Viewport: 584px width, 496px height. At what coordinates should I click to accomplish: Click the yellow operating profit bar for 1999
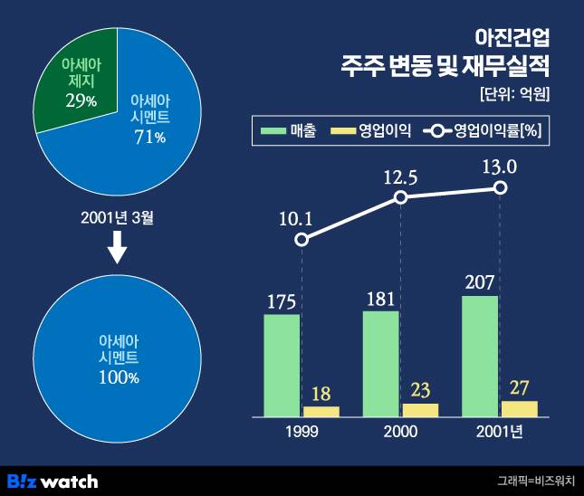click(x=321, y=411)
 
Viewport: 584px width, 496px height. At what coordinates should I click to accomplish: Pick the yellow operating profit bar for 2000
click(x=420, y=409)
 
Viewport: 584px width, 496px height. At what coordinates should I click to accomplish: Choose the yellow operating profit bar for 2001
click(x=520, y=408)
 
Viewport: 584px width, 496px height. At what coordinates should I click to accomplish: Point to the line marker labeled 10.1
click(x=302, y=240)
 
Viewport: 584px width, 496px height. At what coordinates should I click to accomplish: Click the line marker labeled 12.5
click(x=401, y=197)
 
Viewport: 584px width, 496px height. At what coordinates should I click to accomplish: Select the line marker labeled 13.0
click(x=501, y=188)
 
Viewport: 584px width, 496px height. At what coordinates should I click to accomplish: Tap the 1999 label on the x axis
click(x=302, y=432)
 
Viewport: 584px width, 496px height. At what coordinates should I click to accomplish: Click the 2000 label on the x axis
click(x=400, y=432)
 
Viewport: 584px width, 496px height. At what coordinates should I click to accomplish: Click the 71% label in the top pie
click(x=150, y=137)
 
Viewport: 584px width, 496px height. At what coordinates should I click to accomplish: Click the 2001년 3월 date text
click(x=116, y=217)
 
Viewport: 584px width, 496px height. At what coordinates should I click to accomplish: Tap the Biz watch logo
click(x=53, y=481)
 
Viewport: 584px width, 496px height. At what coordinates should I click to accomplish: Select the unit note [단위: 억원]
click(x=515, y=93)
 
